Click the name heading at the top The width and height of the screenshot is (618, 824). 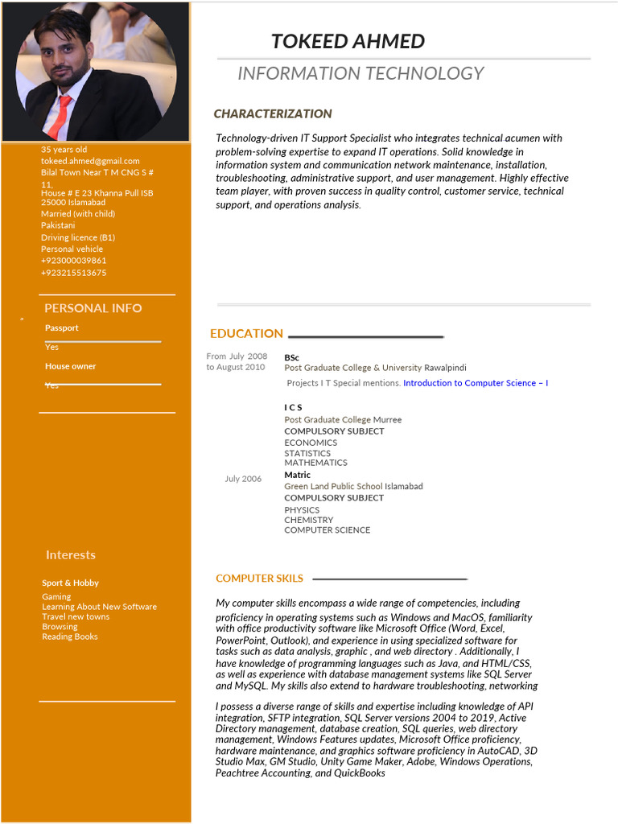348,42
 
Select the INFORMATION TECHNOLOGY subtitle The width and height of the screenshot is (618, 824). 360,74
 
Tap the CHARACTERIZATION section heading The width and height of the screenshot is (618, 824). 273,114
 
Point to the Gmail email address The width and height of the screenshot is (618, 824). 90,161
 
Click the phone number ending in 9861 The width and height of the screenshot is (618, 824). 73,261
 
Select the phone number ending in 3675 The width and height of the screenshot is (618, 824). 73,273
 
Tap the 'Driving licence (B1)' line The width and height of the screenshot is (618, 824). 78,237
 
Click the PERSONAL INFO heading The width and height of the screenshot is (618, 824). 93,308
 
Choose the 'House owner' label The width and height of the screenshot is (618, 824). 70,366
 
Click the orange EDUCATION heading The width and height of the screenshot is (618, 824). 246,334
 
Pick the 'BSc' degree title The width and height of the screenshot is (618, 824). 291,357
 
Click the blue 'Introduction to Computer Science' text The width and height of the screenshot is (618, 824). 476,383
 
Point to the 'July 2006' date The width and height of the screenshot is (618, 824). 243,479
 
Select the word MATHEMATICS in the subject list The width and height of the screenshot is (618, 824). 315,463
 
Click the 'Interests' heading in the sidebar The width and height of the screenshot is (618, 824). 70,555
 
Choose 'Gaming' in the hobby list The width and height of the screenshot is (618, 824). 56,597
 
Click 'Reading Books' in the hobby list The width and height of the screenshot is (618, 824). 70,637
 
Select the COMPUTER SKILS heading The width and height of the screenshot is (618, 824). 259,579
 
